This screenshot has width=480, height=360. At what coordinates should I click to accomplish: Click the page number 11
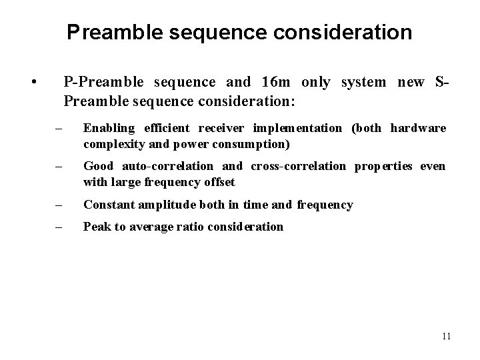(446, 337)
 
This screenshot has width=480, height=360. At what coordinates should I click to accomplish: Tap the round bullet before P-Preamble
(33, 83)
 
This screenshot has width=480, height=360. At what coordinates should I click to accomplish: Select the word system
(363, 82)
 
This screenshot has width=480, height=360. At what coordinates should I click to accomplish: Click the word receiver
(219, 127)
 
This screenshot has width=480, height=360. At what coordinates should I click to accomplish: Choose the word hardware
(418, 127)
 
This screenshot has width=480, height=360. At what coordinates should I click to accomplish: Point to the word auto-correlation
(168, 166)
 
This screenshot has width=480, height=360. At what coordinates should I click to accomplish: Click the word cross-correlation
(298, 166)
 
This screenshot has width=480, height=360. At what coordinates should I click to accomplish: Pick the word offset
(219, 181)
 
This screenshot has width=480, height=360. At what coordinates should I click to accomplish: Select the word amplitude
(163, 205)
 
